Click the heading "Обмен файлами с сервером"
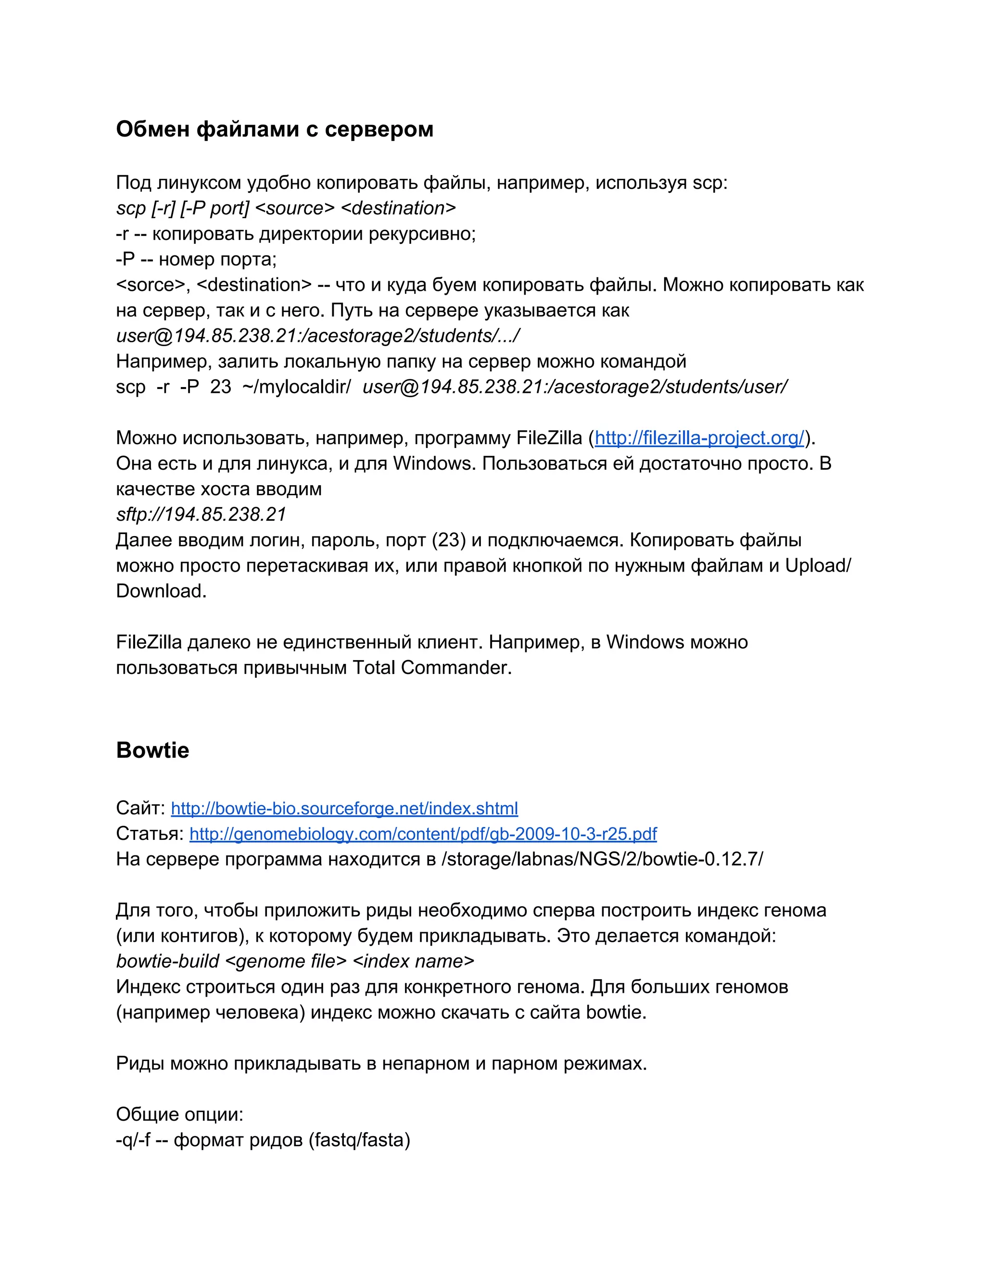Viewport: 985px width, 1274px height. tap(274, 129)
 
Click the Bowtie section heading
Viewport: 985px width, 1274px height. tap(152, 750)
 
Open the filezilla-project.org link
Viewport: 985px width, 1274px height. tap(699, 438)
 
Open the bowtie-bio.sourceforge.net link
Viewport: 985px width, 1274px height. tap(344, 809)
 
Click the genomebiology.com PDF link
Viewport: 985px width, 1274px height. tap(423, 834)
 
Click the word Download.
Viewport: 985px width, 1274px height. tap(161, 591)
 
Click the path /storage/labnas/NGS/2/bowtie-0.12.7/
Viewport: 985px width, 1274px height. tap(602, 859)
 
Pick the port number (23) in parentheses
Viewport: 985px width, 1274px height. tap(449, 540)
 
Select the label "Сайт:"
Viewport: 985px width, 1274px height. tap(140, 809)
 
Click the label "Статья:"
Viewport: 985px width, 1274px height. tap(150, 834)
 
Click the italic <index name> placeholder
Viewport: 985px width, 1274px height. tap(414, 962)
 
